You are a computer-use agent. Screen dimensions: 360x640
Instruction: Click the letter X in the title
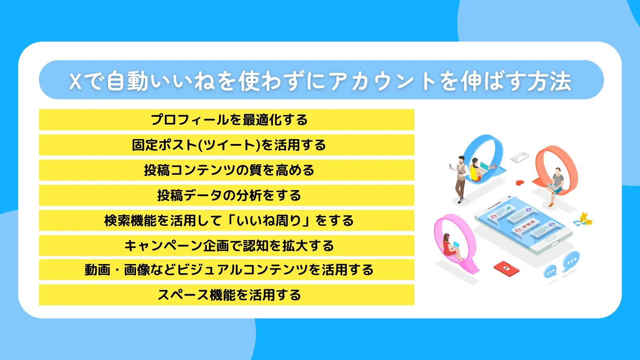click(76, 82)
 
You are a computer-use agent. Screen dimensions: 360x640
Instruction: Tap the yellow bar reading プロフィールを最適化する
click(227, 120)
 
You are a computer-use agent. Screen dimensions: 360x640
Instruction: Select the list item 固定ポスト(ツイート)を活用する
click(227, 145)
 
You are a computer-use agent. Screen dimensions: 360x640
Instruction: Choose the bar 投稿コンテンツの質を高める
click(227, 170)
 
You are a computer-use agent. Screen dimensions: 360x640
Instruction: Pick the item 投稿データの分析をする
click(227, 195)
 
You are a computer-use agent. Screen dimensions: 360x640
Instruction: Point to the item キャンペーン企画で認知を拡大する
click(227, 246)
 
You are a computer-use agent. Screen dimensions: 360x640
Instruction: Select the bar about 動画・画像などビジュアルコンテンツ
click(227, 270)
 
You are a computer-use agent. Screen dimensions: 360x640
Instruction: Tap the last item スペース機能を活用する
click(227, 295)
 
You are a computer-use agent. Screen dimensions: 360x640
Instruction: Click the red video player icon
click(506, 268)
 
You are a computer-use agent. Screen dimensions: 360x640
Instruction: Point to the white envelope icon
click(520, 157)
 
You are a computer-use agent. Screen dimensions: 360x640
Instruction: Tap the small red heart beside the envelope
click(520, 183)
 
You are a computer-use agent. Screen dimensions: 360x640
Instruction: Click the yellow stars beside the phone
click(586, 219)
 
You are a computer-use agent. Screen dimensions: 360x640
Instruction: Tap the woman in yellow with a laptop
click(476, 170)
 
